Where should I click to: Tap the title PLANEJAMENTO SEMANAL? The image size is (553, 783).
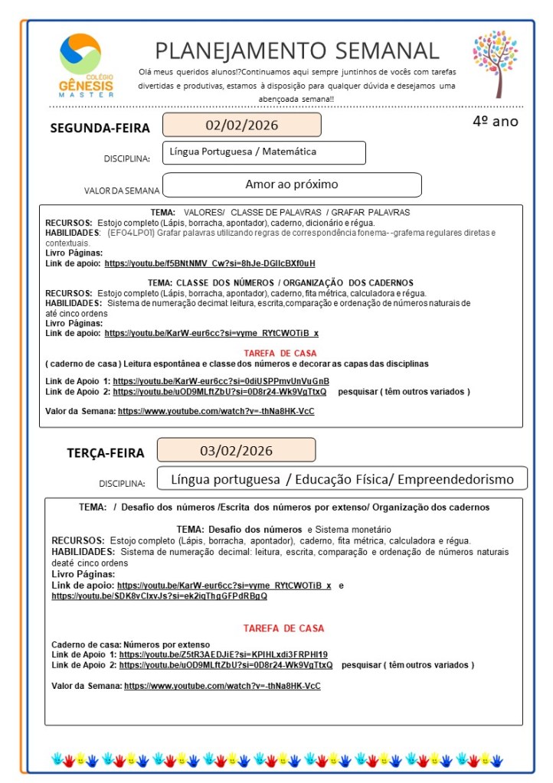[x=297, y=51]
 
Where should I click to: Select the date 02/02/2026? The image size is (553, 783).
[x=241, y=125]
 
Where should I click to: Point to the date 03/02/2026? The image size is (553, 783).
[x=236, y=450]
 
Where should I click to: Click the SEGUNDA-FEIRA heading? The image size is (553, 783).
[x=100, y=129]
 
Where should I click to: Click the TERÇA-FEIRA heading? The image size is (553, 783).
[x=105, y=453]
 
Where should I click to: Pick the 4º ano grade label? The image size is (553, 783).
[x=495, y=121]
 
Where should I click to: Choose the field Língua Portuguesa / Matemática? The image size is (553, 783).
[x=264, y=152]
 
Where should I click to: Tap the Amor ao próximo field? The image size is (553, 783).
[x=292, y=184]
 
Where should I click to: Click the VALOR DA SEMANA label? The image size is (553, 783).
[x=122, y=191]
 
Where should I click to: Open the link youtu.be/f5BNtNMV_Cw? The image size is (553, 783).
[x=210, y=263]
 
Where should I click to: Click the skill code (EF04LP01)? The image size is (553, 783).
[x=132, y=233]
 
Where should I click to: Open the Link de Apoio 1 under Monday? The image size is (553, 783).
[x=221, y=381]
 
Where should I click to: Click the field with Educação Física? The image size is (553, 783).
[x=342, y=479]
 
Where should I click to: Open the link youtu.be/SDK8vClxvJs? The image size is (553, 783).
[x=159, y=595]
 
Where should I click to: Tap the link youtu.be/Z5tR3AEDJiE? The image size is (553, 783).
[x=224, y=654]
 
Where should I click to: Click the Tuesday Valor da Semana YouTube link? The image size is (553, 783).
[x=222, y=686]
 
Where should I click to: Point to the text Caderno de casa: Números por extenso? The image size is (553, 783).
[x=130, y=644]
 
